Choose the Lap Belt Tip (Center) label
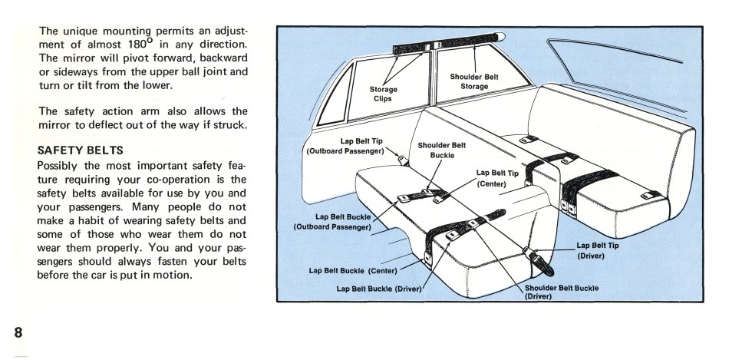tap(497, 178)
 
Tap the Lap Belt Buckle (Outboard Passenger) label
tap(331, 221)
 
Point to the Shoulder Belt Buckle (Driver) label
tap(561, 292)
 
